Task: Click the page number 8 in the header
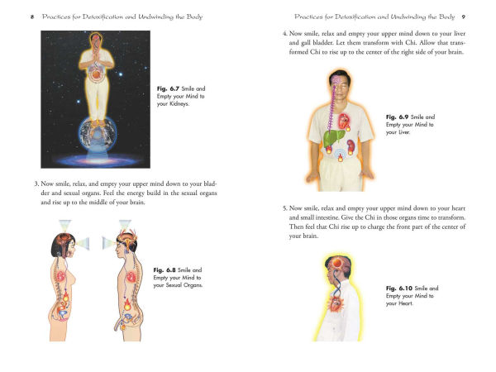[x=31, y=17]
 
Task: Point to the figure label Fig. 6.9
[x=398, y=117]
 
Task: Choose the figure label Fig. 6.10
[x=400, y=288]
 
